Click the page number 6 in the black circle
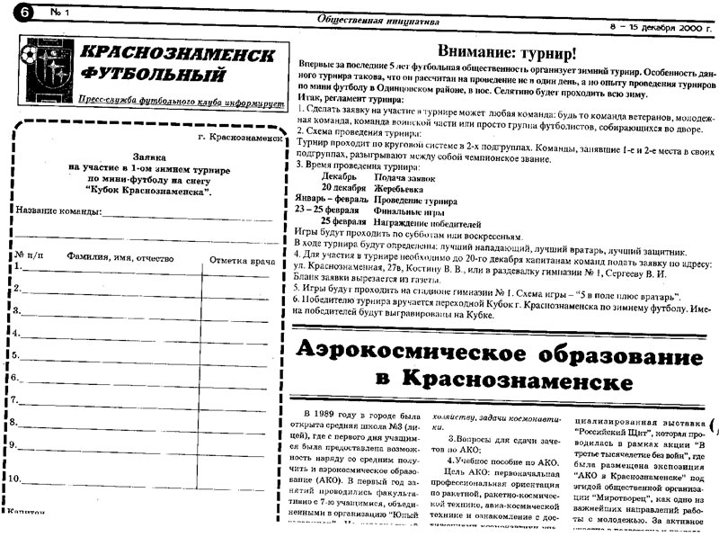tap(11, 13)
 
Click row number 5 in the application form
tap(17, 355)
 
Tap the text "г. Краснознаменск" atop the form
tap(238, 139)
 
